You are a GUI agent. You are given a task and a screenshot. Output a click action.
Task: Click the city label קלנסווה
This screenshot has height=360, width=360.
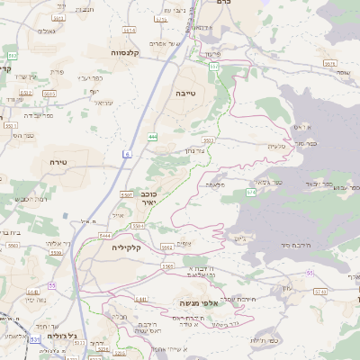tap(129, 53)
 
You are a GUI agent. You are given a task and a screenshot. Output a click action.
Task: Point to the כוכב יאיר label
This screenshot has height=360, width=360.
tap(149, 198)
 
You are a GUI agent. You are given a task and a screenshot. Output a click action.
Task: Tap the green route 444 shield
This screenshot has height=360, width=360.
tap(153, 137)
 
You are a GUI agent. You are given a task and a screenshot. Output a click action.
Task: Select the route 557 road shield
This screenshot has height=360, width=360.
tap(214, 67)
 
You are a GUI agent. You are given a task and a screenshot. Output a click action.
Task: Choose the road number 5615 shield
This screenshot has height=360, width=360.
tap(49, 93)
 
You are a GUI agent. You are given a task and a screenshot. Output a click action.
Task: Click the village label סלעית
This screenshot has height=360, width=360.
tap(276, 146)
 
